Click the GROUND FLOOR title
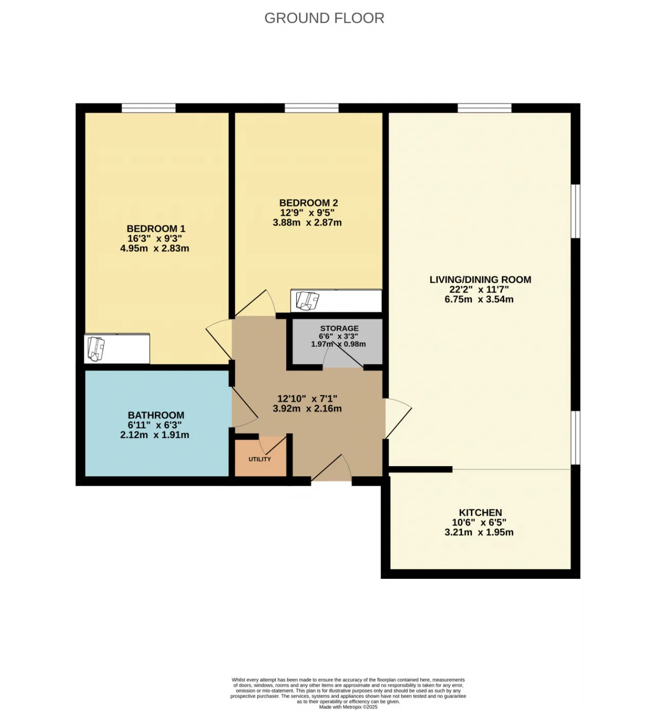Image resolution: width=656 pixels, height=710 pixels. click(x=324, y=18)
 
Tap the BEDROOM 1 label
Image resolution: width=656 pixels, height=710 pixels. click(x=156, y=229)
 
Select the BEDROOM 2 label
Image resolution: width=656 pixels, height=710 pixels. click(x=308, y=203)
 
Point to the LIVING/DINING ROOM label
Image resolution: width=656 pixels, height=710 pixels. click(x=480, y=280)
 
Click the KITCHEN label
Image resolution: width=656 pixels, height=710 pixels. click(x=480, y=512)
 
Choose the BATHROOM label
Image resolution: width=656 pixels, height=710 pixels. click(x=156, y=415)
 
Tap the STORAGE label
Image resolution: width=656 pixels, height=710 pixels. click(x=339, y=328)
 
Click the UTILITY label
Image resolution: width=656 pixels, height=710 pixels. click(x=260, y=460)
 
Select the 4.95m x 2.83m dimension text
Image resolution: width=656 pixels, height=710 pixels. click(x=154, y=248)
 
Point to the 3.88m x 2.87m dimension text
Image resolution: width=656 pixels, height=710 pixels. click(x=307, y=223)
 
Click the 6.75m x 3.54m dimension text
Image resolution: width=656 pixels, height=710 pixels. click(x=479, y=299)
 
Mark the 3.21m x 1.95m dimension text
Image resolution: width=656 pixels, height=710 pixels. click(x=479, y=532)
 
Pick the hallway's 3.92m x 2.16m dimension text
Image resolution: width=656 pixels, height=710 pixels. click(x=307, y=409)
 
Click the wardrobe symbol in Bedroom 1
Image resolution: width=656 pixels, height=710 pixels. click(x=117, y=349)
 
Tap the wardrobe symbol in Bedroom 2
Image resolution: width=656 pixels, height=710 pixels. click(x=336, y=301)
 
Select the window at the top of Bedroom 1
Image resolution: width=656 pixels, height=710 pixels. click(x=149, y=108)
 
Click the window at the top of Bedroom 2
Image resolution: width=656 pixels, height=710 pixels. click(x=312, y=108)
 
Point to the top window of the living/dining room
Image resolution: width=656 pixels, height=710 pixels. click(x=484, y=108)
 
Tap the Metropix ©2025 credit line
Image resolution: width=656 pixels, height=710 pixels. click(x=348, y=707)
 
